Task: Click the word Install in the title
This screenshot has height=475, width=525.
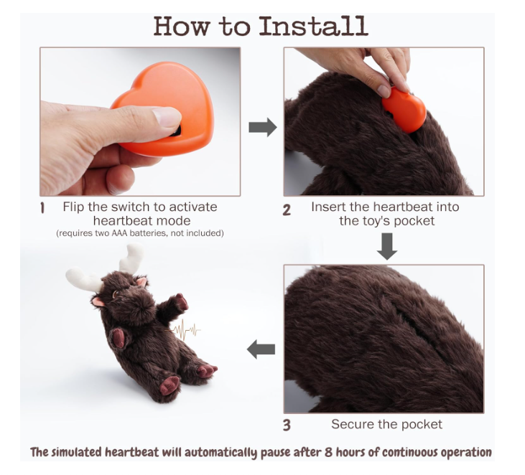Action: pyautogui.click(x=314, y=26)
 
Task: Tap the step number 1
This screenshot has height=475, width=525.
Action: pyautogui.click(x=42, y=208)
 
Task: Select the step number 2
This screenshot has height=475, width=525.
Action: pyautogui.click(x=287, y=210)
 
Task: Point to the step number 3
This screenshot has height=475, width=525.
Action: pyautogui.click(x=287, y=425)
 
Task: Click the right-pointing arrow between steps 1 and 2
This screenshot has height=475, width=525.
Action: pyautogui.click(x=263, y=127)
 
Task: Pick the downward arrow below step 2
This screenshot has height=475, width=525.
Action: pyautogui.click(x=387, y=247)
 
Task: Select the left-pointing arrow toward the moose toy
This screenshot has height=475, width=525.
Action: pyautogui.click(x=261, y=349)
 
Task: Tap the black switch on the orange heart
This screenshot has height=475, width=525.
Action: pyautogui.click(x=175, y=131)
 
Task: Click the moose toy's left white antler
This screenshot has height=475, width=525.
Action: pyautogui.click(x=84, y=280)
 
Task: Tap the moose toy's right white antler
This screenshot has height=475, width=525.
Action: pyautogui.click(x=131, y=258)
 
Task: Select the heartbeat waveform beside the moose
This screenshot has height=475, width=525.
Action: pyautogui.click(x=183, y=330)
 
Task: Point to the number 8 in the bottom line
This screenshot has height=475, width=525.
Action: pyautogui.click(x=328, y=452)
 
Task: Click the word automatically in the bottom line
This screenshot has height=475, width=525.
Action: pyautogui.click(x=221, y=453)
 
